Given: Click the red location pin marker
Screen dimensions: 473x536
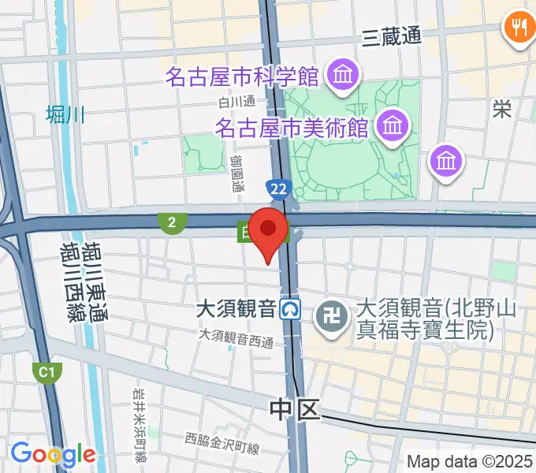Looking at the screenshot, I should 268,231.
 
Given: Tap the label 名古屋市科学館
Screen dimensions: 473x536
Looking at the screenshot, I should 242,77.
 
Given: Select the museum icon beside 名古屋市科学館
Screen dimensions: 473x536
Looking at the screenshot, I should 344,76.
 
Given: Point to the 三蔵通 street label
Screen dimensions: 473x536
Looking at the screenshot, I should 392,35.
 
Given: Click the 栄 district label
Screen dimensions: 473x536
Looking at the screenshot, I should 501,109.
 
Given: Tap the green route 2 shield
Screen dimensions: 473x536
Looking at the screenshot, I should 170,223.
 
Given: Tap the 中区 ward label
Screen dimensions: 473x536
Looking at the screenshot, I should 295,408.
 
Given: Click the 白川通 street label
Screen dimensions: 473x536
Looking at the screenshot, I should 238,100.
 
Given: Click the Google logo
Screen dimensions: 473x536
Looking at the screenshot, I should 53,454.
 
